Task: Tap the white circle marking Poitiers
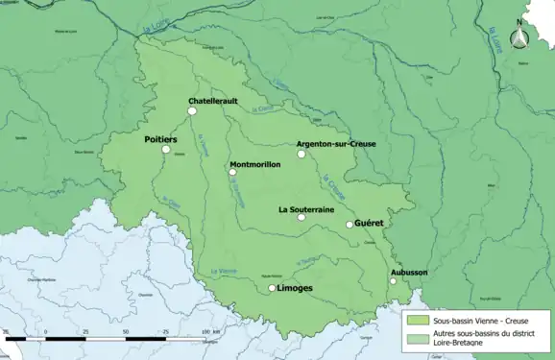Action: click(x=166, y=150)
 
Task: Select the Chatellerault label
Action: click(x=213, y=101)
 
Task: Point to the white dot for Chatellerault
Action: click(x=192, y=111)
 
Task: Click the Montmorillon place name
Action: click(x=255, y=165)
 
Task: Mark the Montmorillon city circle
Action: click(x=232, y=174)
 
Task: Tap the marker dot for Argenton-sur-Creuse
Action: click(x=301, y=153)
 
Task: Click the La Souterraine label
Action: click(x=306, y=208)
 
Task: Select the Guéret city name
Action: click(x=370, y=223)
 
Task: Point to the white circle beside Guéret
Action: click(x=350, y=225)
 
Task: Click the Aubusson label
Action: click(x=409, y=273)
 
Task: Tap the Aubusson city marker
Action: click(x=393, y=280)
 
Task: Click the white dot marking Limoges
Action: click(x=272, y=288)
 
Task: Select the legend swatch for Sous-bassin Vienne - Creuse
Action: click(x=417, y=320)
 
